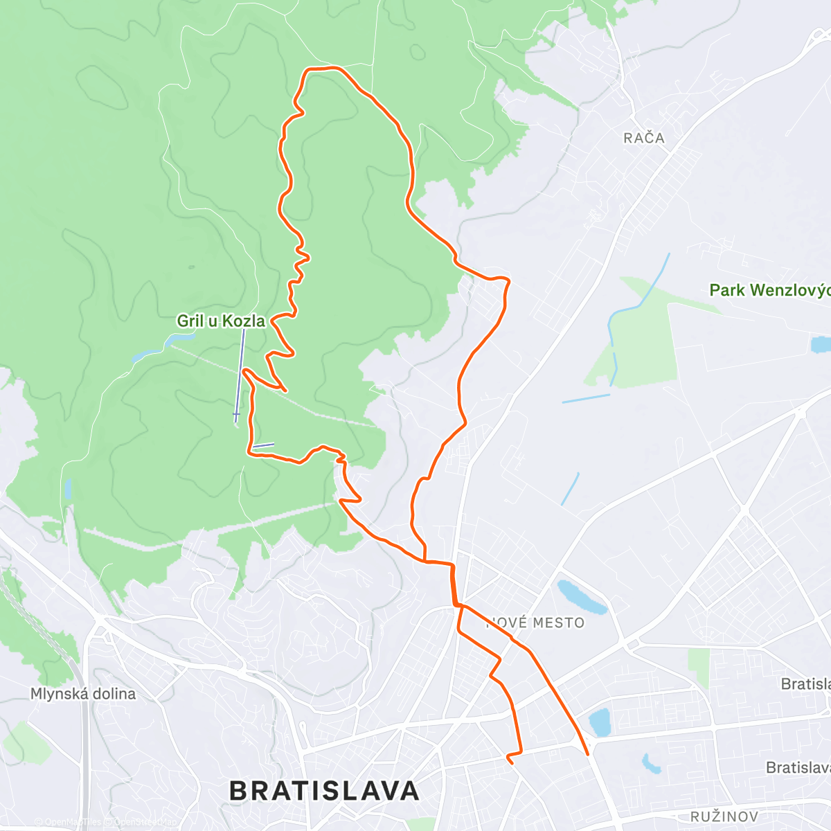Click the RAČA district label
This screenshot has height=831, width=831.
click(x=643, y=138)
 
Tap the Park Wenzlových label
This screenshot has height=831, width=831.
click(x=769, y=290)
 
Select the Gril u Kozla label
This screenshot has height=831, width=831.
click(x=221, y=321)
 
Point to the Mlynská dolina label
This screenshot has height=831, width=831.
click(x=83, y=693)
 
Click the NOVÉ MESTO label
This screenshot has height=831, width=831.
click(x=536, y=623)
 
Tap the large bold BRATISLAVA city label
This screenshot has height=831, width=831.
click(x=324, y=790)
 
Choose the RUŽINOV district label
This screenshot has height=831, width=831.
click(x=724, y=816)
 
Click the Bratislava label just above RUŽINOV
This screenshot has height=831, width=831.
click(x=798, y=767)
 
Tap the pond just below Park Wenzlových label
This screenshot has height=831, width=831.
click(x=821, y=344)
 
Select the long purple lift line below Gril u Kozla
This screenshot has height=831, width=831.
click(x=240, y=374)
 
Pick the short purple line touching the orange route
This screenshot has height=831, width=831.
click(x=263, y=446)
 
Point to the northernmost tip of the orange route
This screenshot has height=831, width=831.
click(x=322, y=68)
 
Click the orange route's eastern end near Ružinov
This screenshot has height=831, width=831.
click(x=587, y=753)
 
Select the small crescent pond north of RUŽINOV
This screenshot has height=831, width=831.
click(x=650, y=763)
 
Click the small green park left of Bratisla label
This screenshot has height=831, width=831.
click(x=699, y=665)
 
